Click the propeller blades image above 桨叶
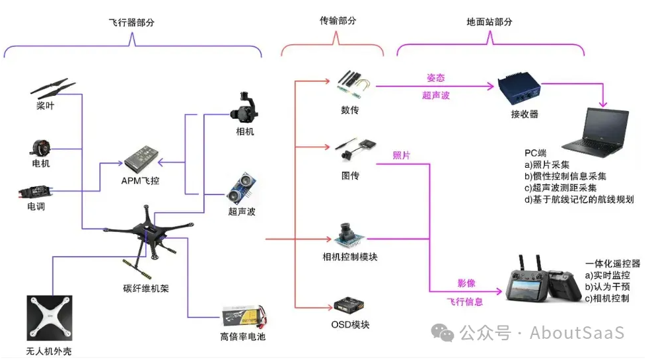(x=53, y=89)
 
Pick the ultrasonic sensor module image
(x=241, y=188)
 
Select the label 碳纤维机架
(x=146, y=288)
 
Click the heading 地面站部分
(x=489, y=22)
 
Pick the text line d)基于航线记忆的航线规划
(x=579, y=199)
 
